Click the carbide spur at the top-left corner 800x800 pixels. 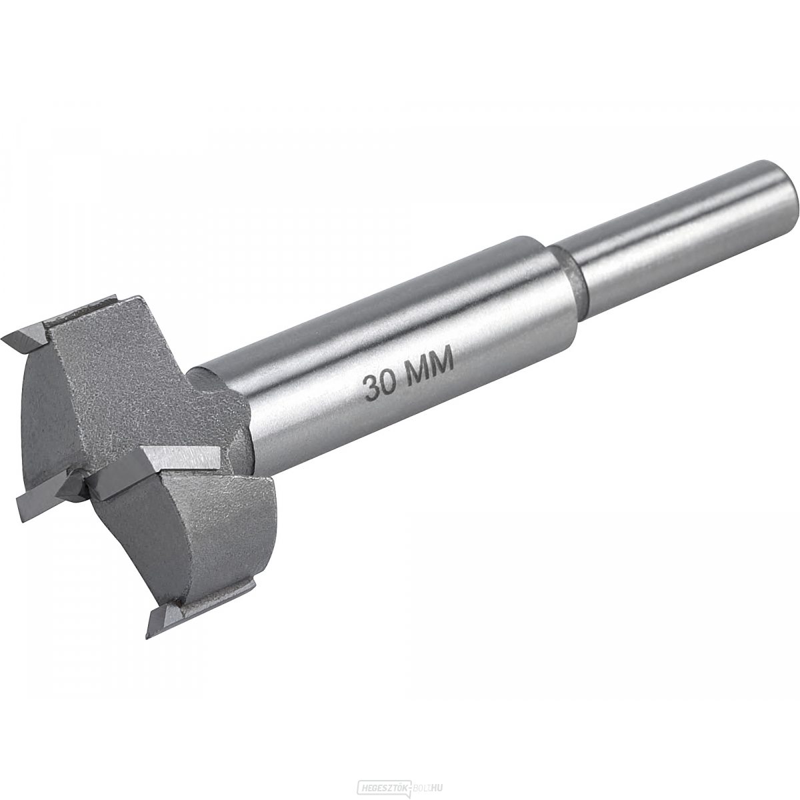tap(23, 340)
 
